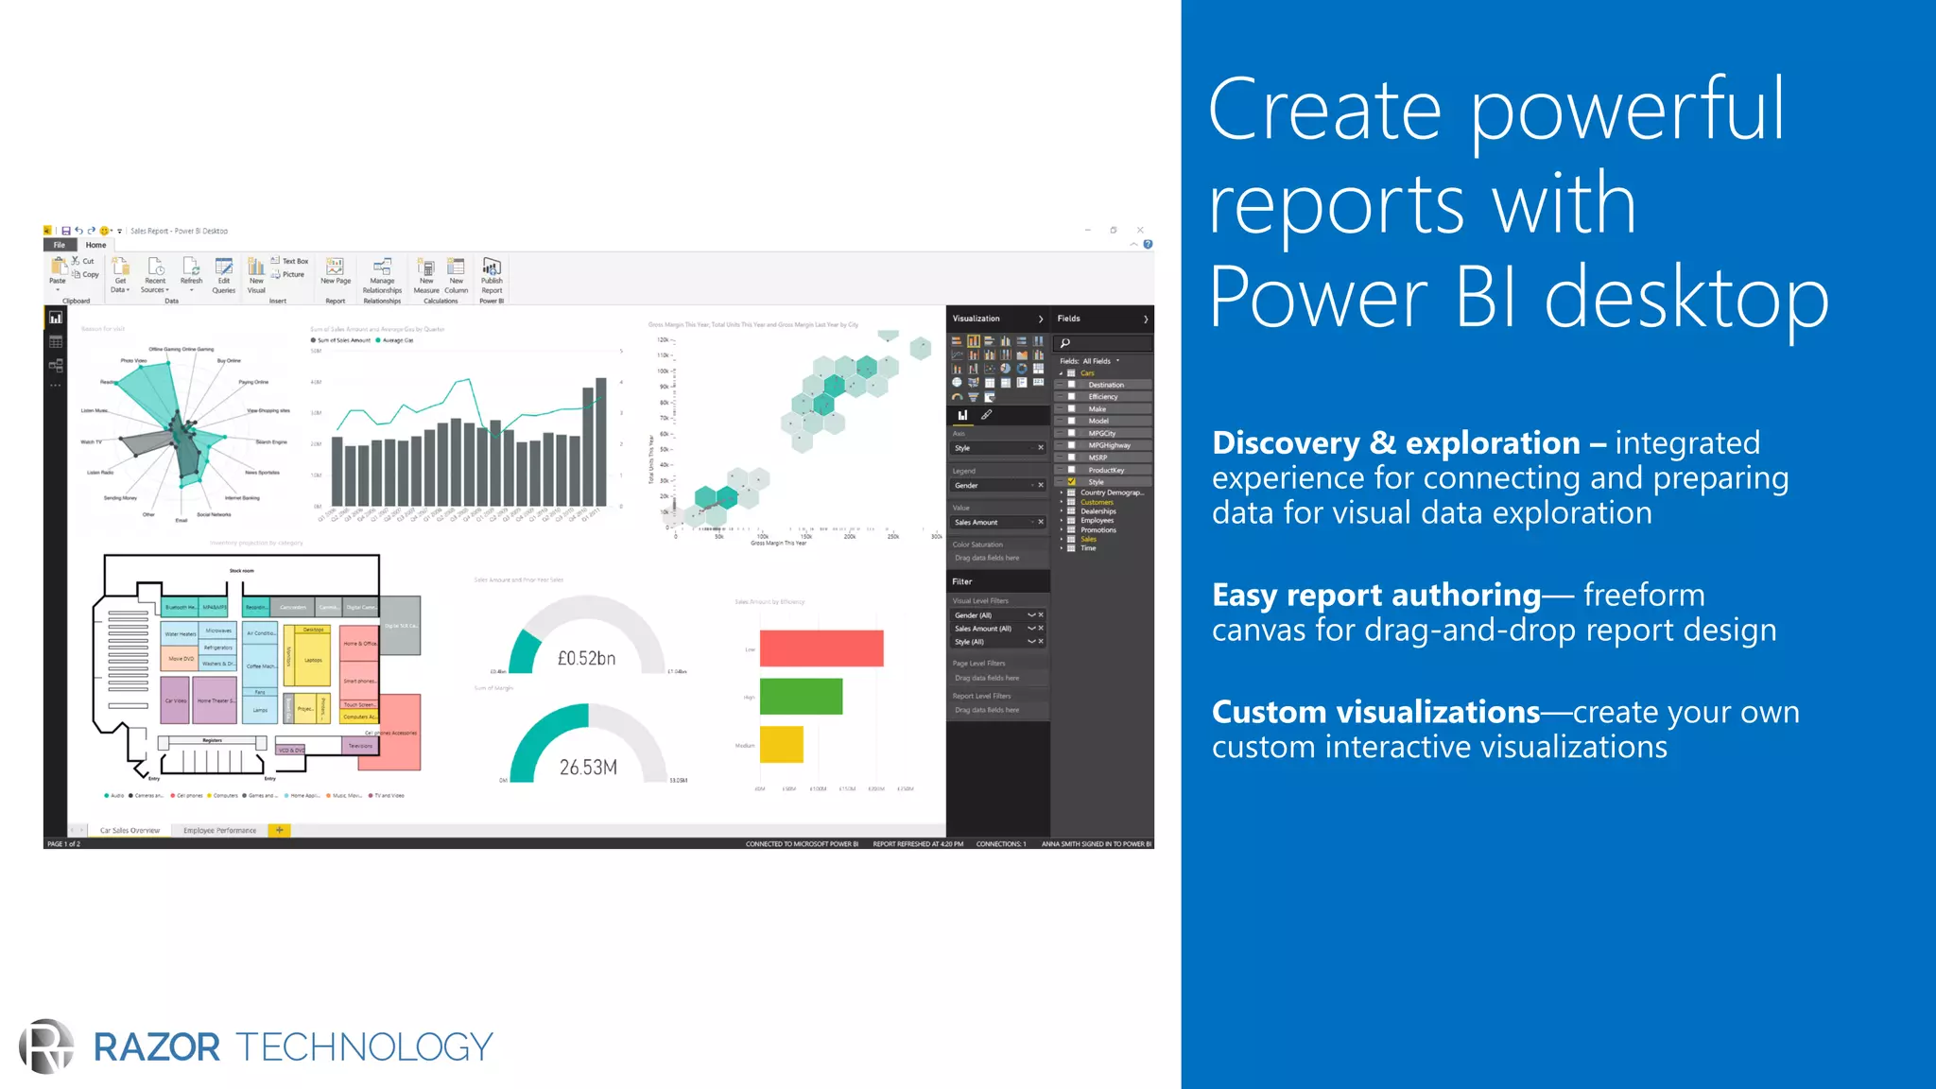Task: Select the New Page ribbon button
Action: click(336, 272)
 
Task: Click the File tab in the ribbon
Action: click(60, 245)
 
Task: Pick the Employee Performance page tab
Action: click(219, 830)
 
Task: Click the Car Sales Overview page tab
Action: click(130, 830)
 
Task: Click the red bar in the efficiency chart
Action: click(821, 648)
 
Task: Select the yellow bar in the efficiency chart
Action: click(781, 744)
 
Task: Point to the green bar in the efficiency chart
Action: click(800, 697)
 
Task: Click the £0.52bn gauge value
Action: click(586, 658)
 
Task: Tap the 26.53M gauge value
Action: click(588, 768)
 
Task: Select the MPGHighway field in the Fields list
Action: click(1109, 445)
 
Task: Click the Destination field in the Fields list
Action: click(1105, 385)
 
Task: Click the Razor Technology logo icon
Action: click(45, 1046)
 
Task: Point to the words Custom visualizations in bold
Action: click(1375, 711)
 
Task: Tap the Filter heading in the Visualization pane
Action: click(962, 581)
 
